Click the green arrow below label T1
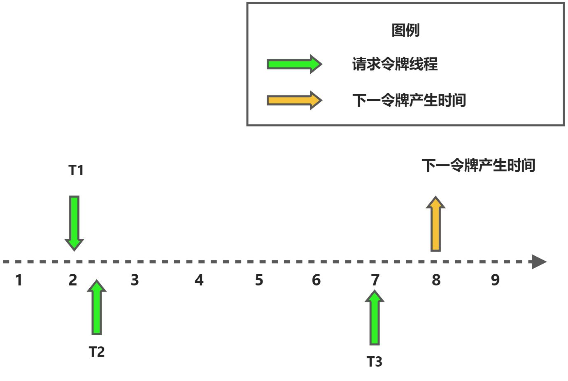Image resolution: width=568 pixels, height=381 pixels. coord(74,223)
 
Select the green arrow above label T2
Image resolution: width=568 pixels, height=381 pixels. coord(97,308)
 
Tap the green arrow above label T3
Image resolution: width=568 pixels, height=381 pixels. coord(375,318)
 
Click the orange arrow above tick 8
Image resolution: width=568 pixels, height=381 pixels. coord(435,224)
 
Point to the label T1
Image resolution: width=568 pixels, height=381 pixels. coord(76,170)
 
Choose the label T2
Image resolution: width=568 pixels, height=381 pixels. coord(97,352)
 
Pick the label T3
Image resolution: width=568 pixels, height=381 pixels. coord(375,362)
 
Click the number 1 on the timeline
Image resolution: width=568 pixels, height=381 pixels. coord(19,280)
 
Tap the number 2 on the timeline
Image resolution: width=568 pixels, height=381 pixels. coord(73,280)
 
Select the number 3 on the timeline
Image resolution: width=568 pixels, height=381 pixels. coord(135,280)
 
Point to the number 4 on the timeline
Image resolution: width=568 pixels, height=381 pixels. coord(199,280)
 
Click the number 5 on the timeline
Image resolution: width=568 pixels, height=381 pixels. coord(259,280)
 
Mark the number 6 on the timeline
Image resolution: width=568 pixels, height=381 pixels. coord(316,280)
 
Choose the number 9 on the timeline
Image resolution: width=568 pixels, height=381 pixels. coord(495,280)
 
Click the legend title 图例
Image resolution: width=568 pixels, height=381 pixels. coord(405,30)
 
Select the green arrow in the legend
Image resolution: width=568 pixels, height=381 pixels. coord(294,64)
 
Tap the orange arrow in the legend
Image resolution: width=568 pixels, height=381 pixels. coord(294,101)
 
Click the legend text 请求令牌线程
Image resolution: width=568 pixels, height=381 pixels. coord(395,64)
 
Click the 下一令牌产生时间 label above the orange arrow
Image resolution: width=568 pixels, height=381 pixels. coord(478,166)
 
